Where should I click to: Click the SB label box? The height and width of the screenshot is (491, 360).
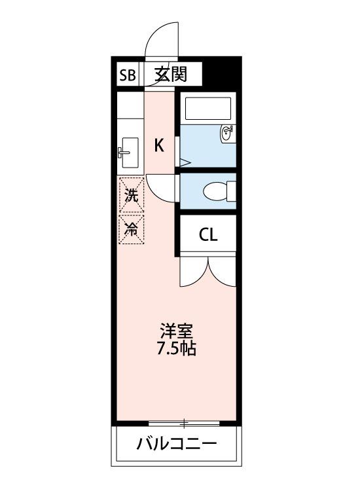[128, 75]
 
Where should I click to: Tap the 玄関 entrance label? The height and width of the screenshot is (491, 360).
[171, 75]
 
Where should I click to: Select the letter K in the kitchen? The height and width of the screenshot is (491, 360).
[159, 145]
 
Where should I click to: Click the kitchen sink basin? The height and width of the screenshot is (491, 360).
[130, 153]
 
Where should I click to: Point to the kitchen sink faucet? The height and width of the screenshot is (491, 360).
[123, 153]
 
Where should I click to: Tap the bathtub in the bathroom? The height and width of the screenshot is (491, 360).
[208, 108]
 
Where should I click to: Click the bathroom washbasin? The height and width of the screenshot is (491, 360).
[228, 134]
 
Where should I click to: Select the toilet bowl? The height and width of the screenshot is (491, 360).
[215, 191]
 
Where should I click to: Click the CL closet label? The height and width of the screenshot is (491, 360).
[208, 234]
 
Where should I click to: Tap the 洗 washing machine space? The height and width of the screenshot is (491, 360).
[132, 195]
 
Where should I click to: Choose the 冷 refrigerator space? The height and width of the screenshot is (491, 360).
[132, 229]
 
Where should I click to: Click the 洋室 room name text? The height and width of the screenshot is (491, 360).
[177, 331]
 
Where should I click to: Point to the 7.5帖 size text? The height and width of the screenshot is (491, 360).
[177, 348]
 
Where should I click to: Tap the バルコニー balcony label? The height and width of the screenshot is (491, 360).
[177, 443]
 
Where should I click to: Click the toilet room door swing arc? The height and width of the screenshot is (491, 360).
[156, 194]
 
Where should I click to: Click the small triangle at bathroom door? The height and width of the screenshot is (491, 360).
[185, 162]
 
